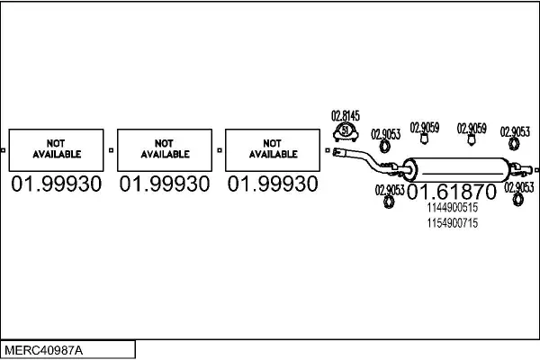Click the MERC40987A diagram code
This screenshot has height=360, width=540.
click(x=44, y=351)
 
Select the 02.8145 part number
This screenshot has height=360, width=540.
click(x=346, y=116)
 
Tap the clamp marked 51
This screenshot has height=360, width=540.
click(x=346, y=132)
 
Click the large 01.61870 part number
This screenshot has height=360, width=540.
click(x=452, y=192)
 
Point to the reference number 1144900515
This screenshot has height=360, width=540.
click(x=453, y=208)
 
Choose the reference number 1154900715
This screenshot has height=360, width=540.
click(x=453, y=223)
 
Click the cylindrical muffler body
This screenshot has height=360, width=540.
click(x=456, y=170)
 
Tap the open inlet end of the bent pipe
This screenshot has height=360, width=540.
click(x=337, y=151)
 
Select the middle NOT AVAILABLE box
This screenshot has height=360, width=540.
click(x=165, y=150)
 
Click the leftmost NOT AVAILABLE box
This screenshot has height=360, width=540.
click(x=56, y=150)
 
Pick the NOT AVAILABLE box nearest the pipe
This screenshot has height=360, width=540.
click(x=273, y=150)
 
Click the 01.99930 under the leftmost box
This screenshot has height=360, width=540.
click(x=57, y=184)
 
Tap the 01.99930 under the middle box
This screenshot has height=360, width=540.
click(x=165, y=184)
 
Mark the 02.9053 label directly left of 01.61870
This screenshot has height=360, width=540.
click(x=390, y=190)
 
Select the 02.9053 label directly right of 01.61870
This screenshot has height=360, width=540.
click(x=519, y=188)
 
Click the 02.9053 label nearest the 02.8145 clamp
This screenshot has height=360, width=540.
click(x=386, y=134)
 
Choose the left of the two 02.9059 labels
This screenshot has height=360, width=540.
click(x=425, y=128)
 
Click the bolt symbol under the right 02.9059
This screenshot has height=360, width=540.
click(x=471, y=139)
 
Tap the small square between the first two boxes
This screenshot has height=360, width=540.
click(x=111, y=150)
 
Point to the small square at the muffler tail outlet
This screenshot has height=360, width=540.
click(x=537, y=170)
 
